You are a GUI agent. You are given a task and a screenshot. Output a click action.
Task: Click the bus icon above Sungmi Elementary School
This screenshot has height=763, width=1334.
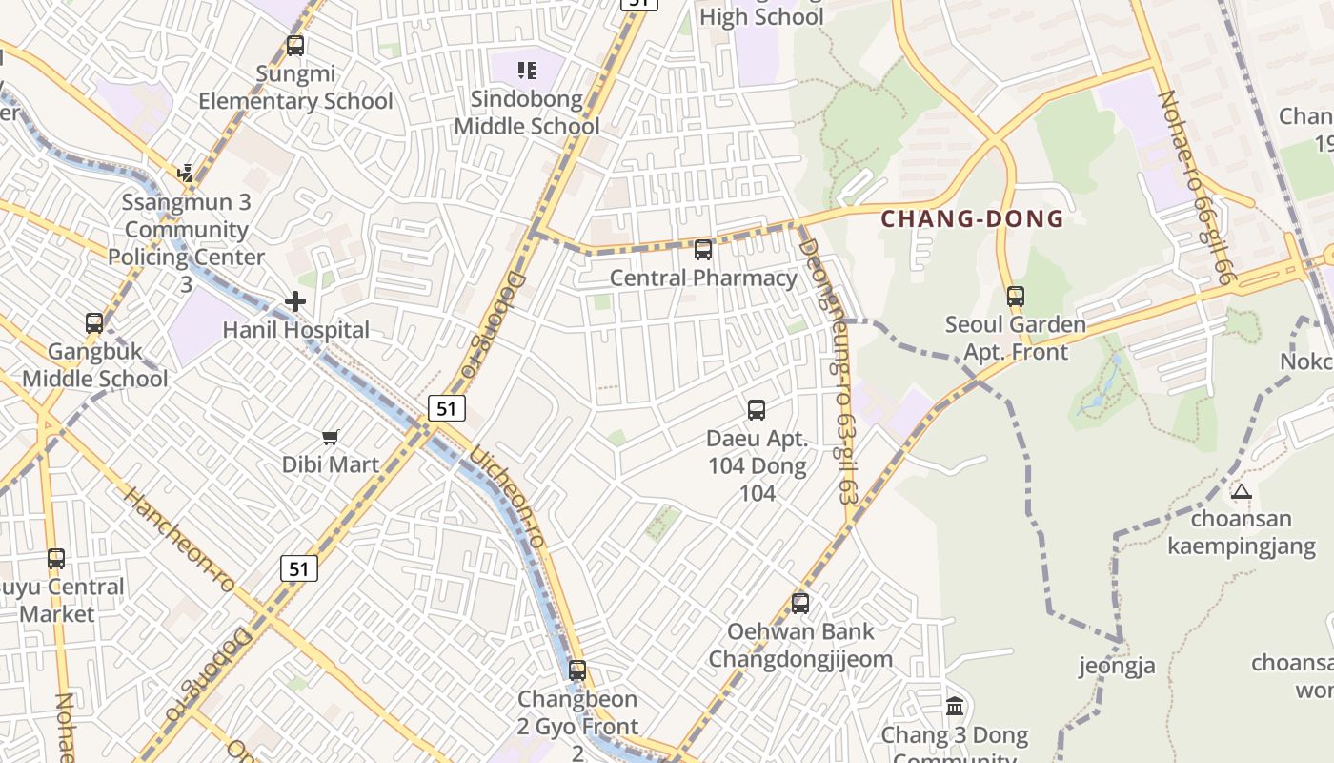[295, 45]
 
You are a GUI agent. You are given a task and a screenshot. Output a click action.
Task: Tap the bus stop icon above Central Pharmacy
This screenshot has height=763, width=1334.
[703, 250]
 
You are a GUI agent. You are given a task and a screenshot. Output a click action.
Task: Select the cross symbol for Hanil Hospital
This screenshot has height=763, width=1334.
[295, 302]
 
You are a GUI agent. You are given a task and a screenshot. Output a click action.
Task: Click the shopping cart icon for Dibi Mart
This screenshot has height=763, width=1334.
[330, 437]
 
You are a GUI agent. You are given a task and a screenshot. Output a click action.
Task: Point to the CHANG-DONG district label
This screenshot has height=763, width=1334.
[971, 218]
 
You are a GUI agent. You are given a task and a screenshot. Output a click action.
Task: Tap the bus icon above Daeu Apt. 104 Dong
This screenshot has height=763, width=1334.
[757, 410]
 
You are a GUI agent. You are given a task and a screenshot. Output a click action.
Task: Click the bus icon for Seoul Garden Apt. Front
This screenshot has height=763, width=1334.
[1016, 297]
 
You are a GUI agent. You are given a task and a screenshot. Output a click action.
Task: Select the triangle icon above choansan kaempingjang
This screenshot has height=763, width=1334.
[1241, 492]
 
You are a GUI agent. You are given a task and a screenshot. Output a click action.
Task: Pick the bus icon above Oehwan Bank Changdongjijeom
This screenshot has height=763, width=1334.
[800, 603]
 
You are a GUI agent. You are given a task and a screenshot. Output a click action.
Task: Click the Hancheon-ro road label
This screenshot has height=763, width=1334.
[179, 541]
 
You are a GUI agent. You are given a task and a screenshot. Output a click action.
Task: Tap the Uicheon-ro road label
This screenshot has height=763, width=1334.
[508, 497]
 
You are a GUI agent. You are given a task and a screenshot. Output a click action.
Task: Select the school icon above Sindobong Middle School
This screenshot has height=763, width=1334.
[526, 70]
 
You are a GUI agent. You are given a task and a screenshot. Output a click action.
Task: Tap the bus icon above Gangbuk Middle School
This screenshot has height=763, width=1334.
[94, 322]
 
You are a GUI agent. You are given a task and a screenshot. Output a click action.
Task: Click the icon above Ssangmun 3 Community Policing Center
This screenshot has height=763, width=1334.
[187, 173]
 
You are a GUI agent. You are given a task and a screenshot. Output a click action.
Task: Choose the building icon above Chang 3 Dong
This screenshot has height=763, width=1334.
[955, 707]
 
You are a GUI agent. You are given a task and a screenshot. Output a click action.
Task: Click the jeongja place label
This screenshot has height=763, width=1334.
[1117, 666]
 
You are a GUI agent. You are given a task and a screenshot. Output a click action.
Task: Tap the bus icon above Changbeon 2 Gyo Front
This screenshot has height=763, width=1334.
[577, 670]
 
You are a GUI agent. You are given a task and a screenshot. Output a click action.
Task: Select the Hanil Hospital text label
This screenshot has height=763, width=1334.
[295, 330]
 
